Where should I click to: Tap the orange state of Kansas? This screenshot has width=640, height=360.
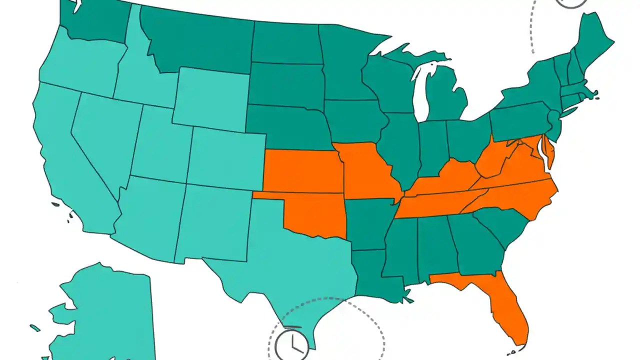tap(302, 170)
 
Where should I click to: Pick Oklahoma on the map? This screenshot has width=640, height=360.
tap(315, 215)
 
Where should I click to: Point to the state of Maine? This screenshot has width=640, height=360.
tap(595, 42)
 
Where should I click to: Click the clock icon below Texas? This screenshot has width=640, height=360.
tap(292, 344)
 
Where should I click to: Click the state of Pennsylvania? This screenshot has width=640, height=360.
tap(520, 117)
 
